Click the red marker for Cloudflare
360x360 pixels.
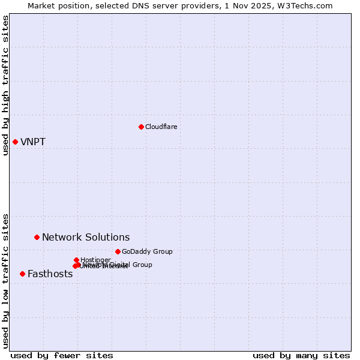click(x=141, y=127)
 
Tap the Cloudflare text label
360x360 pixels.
click(x=161, y=127)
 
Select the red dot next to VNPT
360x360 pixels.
click(x=15, y=142)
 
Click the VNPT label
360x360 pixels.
click(x=33, y=142)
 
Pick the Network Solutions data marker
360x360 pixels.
click(x=37, y=237)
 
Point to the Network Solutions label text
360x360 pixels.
click(x=86, y=238)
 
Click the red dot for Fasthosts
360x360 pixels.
click(x=22, y=274)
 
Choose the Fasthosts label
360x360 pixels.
click(x=50, y=274)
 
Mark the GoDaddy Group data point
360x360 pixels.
click(x=118, y=251)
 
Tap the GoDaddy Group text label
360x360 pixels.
click(x=147, y=251)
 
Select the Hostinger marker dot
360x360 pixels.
click(x=76, y=260)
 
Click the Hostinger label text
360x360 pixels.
click(x=95, y=260)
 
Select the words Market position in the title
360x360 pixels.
click(x=56, y=5)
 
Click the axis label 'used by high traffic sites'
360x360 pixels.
click(x=5, y=85)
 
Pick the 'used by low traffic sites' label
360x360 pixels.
click(x=5, y=280)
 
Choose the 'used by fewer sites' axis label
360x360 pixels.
click(x=62, y=355)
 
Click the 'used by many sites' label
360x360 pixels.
click(x=301, y=355)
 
